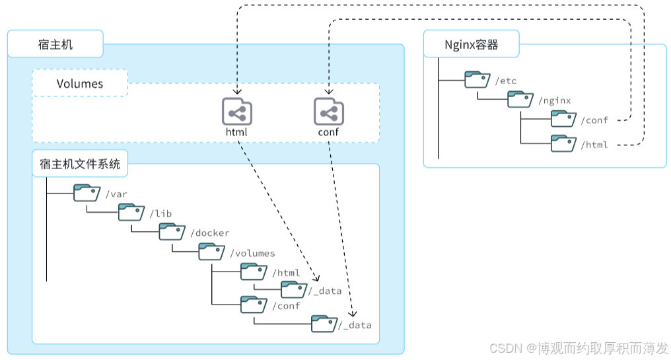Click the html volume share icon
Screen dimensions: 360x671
click(x=236, y=112)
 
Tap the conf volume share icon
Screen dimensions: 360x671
click(x=328, y=112)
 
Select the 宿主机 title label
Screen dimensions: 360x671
click(x=55, y=45)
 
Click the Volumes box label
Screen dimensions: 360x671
click(x=80, y=83)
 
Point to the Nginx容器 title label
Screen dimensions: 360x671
click(x=471, y=45)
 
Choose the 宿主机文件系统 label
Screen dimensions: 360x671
click(x=80, y=164)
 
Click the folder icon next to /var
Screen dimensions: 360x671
click(x=86, y=193)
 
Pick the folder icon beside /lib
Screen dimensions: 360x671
click(x=131, y=212)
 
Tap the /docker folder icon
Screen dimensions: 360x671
click(x=172, y=232)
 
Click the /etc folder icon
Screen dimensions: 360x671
click(x=477, y=80)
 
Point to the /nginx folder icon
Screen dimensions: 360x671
click(x=520, y=100)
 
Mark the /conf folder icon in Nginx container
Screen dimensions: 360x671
click(x=563, y=119)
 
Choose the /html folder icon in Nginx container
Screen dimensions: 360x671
click(x=563, y=143)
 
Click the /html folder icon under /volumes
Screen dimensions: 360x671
click(x=253, y=271)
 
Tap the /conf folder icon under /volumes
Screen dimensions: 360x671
click(x=253, y=305)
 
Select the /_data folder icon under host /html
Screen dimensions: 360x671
click(x=294, y=289)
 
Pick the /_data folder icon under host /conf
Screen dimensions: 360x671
click(x=324, y=323)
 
